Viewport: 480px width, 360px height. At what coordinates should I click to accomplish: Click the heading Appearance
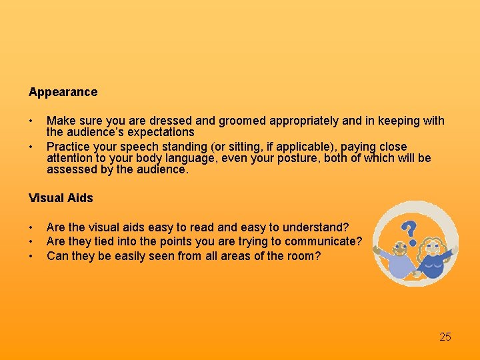[63, 92]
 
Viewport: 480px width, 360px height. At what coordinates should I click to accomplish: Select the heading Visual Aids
[61, 198]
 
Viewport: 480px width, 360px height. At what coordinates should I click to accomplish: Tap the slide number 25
[445, 337]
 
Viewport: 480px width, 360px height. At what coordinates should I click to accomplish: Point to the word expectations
[158, 132]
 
